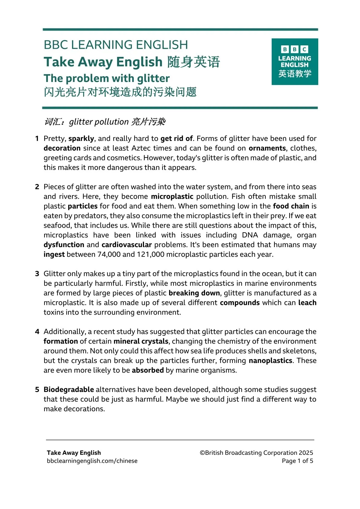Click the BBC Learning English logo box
(295, 62)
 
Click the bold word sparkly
(81, 139)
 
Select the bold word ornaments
(267, 148)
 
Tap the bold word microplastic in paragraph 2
(172, 197)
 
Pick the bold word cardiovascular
(126, 245)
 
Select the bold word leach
(307, 303)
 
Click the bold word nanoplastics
(270, 361)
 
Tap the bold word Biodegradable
(69, 390)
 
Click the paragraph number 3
(37, 274)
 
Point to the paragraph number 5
(37, 390)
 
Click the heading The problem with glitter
(106, 78)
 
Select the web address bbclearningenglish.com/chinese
(92, 461)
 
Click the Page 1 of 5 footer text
(297, 461)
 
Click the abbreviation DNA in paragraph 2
(250, 235)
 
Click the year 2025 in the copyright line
(306, 453)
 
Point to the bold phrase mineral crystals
(141, 341)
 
